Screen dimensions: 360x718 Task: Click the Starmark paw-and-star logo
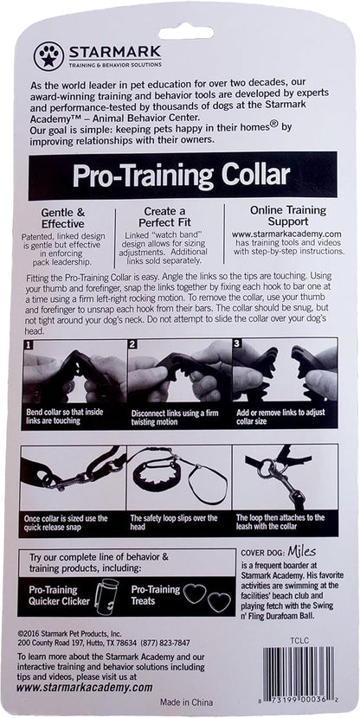coord(49,56)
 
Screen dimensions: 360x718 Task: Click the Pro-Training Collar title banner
coord(183,176)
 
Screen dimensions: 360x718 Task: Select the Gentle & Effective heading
coord(63,218)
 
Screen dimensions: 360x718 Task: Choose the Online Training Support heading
coord(288,215)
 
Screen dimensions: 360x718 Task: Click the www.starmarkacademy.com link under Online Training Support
coord(287,234)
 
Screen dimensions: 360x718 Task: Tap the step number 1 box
coord(28,343)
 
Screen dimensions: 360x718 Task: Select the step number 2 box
coord(132,343)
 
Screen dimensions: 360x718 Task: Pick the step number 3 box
coord(237,343)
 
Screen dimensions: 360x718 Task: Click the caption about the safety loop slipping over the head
coord(174,522)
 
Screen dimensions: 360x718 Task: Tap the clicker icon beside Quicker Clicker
coord(105,594)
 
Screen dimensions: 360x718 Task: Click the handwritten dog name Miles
coord(302,551)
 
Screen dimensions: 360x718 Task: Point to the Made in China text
coord(186,702)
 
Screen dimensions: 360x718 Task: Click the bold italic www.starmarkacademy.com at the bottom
coord(84,688)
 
